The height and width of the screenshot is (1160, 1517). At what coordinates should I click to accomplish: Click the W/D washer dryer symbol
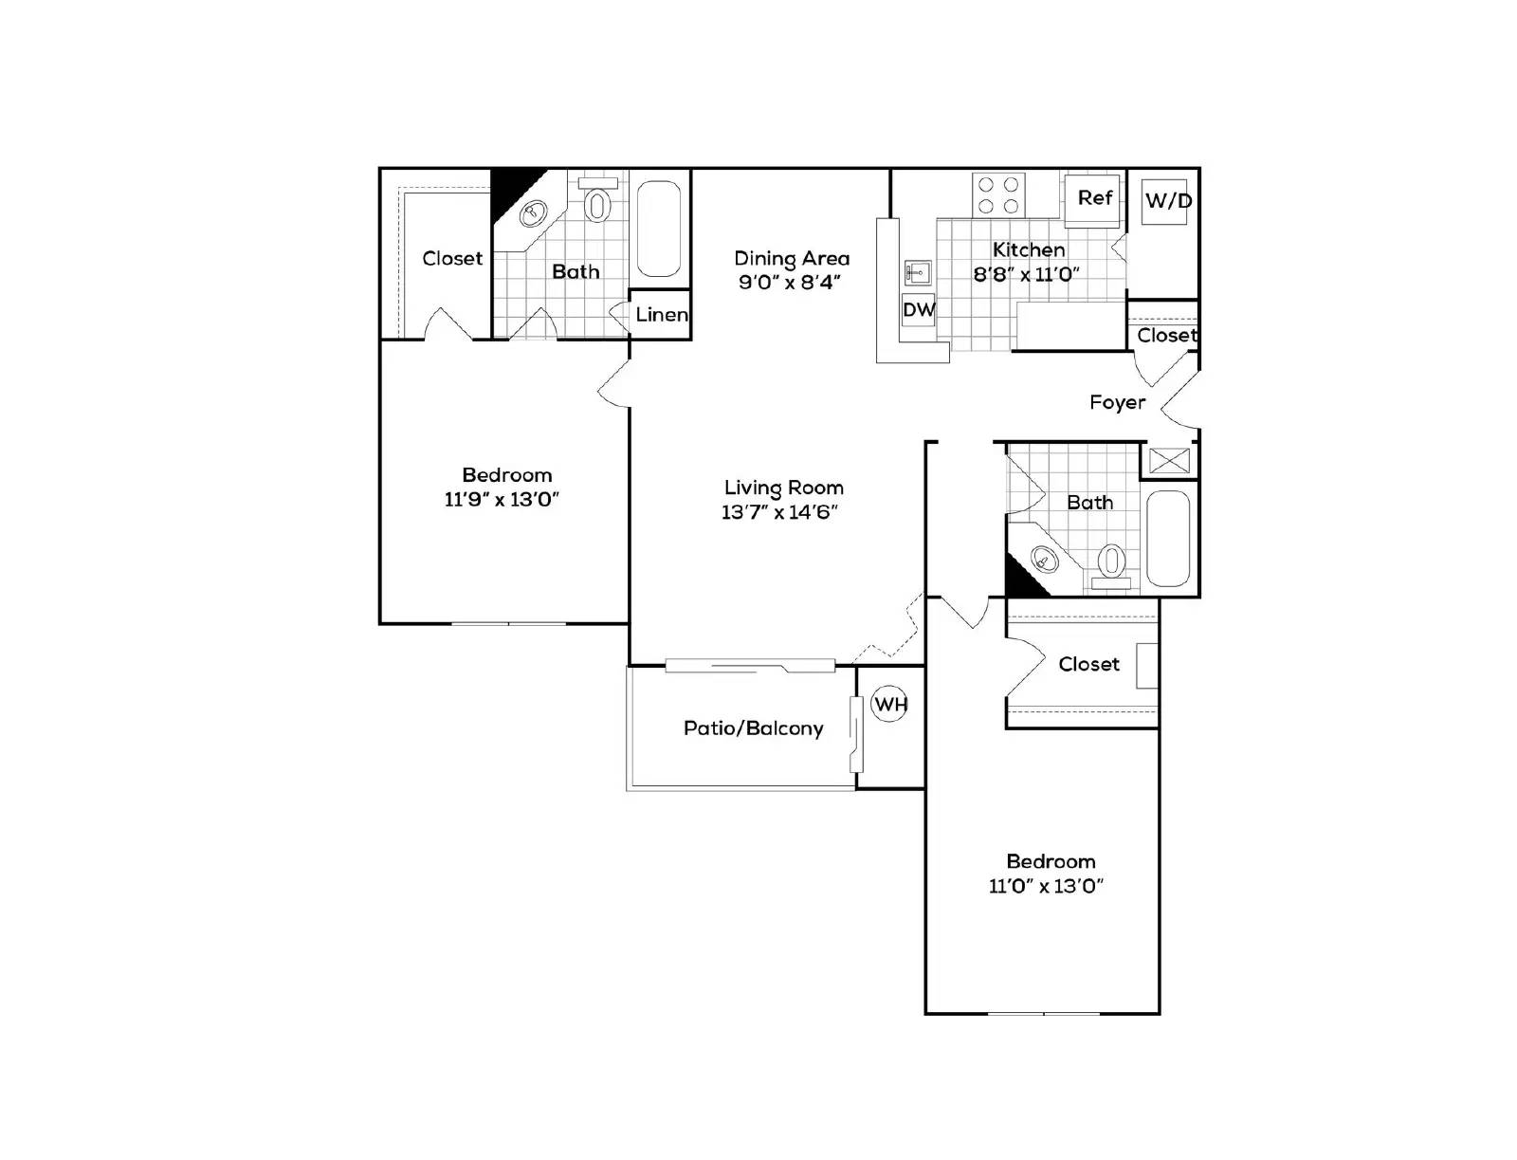pyautogui.click(x=1165, y=201)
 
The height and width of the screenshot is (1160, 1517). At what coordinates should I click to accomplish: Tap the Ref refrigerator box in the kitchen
pyautogui.click(x=1092, y=198)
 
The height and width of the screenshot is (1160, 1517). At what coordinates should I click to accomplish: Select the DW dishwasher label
pyautogui.click(x=917, y=309)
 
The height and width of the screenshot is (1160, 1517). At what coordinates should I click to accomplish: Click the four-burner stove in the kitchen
pyautogui.click(x=999, y=194)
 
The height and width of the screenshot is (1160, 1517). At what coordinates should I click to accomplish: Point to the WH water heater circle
pyautogui.click(x=889, y=704)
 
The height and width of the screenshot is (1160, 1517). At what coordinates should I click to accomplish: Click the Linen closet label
pyautogui.click(x=661, y=315)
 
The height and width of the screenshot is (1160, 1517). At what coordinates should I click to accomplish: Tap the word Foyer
pyautogui.click(x=1117, y=402)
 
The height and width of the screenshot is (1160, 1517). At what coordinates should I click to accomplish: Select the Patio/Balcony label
pyautogui.click(x=753, y=728)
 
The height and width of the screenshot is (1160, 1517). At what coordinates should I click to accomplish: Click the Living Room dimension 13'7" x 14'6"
pyautogui.click(x=779, y=513)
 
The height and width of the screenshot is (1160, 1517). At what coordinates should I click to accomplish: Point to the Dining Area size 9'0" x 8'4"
pyautogui.click(x=790, y=283)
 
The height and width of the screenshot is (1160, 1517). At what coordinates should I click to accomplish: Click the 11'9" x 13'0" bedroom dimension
pyautogui.click(x=502, y=500)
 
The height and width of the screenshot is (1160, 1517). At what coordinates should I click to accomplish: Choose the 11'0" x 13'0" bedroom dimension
pyautogui.click(x=1046, y=886)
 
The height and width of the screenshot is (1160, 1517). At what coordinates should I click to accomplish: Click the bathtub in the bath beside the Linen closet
pyautogui.click(x=658, y=228)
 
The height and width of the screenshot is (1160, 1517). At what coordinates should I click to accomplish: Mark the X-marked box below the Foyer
pyautogui.click(x=1168, y=461)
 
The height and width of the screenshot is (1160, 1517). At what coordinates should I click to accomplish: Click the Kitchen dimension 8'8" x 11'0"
pyautogui.click(x=1027, y=275)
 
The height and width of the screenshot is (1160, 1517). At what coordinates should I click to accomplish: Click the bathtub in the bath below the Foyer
pyautogui.click(x=1168, y=538)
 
